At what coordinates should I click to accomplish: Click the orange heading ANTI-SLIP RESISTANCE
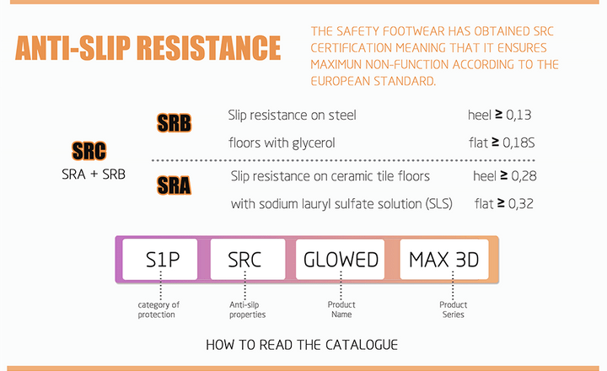click(x=148, y=48)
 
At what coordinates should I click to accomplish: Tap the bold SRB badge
click(x=174, y=123)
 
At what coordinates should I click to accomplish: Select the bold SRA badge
click(x=174, y=185)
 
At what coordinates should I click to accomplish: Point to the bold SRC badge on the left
click(x=89, y=151)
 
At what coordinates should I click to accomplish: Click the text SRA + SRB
click(x=94, y=175)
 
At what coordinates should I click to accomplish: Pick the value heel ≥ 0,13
click(x=499, y=115)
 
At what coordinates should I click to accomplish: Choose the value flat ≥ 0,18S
click(x=502, y=142)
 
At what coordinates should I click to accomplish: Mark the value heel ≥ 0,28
click(x=505, y=176)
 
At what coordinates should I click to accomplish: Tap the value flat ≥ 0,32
click(x=504, y=204)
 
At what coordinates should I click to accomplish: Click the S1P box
click(x=160, y=259)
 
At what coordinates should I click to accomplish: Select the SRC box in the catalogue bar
click(x=248, y=259)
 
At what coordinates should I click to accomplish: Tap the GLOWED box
click(x=341, y=259)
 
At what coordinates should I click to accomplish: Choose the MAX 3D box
click(x=444, y=259)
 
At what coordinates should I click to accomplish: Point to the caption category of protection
click(x=158, y=309)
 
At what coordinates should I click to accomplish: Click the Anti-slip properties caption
click(x=247, y=309)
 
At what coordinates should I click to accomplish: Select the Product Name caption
click(x=341, y=309)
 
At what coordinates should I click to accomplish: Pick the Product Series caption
click(x=454, y=309)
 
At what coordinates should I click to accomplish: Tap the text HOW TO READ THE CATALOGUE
click(x=302, y=345)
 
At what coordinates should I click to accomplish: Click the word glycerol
click(x=314, y=143)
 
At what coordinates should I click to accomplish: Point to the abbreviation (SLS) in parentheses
click(x=438, y=204)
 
